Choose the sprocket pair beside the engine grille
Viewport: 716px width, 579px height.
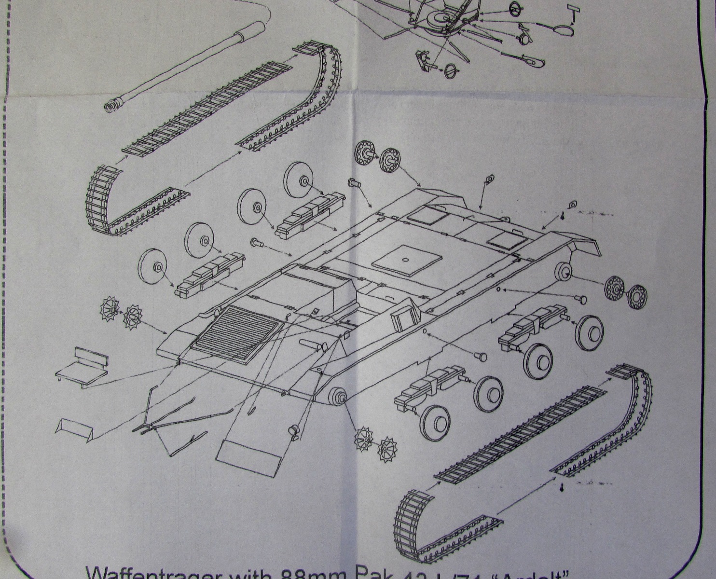coord(121,311)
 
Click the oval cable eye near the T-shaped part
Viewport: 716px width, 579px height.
coord(562,30)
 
